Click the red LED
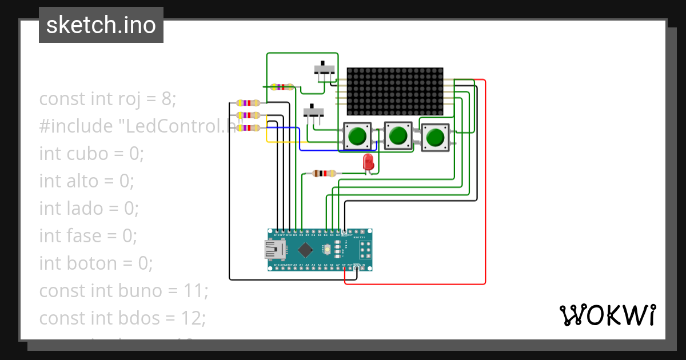pos(369,162)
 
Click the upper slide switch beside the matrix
pos(325,71)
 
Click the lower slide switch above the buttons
pos(312,113)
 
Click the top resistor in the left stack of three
pos(247,103)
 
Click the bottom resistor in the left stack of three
pos(247,128)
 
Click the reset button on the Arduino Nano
pos(326,250)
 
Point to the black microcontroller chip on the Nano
pos(306,250)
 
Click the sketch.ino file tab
pos(101,25)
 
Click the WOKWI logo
pos(607,315)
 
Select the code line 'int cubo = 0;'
pos(91,154)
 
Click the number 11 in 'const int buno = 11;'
pos(197,291)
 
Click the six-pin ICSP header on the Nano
pos(364,250)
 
